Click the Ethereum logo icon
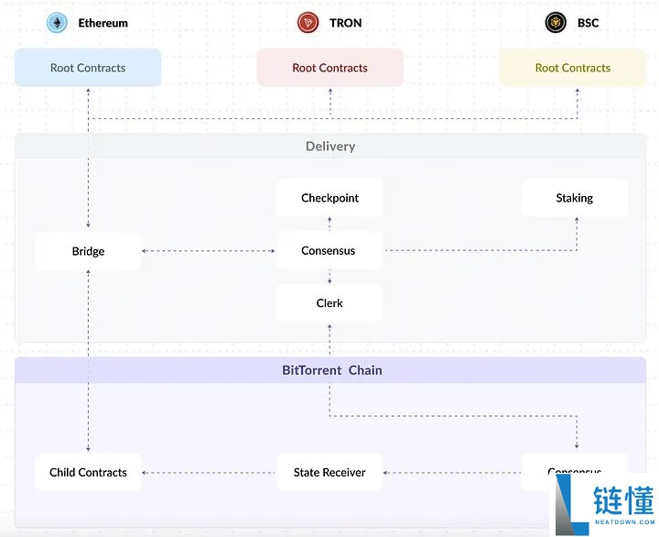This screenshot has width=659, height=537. (x=58, y=23)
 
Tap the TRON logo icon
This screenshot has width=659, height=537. (x=308, y=23)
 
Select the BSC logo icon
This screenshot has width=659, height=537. (x=556, y=23)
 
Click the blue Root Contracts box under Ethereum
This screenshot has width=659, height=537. (x=88, y=68)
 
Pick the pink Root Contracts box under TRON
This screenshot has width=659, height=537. (x=329, y=68)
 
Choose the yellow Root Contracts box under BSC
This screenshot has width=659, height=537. (x=572, y=68)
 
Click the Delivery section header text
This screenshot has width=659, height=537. (x=329, y=147)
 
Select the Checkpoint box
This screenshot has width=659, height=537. (x=329, y=198)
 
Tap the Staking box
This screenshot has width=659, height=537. (x=574, y=198)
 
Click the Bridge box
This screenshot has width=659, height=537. (x=88, y=251)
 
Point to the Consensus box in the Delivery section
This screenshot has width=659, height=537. (x=329, y=250)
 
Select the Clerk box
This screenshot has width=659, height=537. (x=329, y=303)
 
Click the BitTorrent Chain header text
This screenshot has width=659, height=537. (x=331, y=370)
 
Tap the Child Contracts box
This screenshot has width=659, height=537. (x=88, y=473)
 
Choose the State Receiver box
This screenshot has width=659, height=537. (x=329, y=473)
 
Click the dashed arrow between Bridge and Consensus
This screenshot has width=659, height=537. (x=209, y=251)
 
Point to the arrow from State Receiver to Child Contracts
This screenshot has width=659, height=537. (x=209, y=473)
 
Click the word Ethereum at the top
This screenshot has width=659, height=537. (x=103, y=23)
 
